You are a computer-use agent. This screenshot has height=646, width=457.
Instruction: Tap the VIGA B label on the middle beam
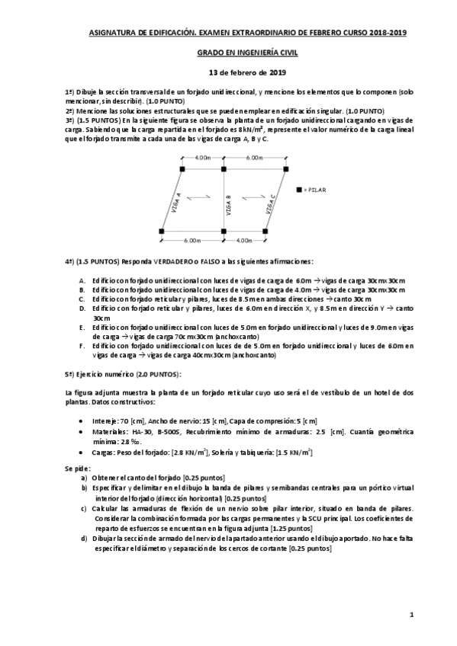(x=229, y=206)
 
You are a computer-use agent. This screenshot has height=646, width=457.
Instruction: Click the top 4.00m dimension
(x=202, y=158)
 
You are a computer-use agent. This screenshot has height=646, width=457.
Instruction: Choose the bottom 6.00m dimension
(x=192, y=240)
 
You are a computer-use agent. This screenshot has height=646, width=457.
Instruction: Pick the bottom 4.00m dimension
(x=244, y=240)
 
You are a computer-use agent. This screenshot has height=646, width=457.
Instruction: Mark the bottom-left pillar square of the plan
(x=162, y=230)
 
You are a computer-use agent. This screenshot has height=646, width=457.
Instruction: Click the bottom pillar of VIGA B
(x=224, y=230)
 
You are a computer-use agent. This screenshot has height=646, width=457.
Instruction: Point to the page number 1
(x=410, y=613)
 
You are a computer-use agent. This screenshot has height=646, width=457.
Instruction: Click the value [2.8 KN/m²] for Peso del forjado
(x=191, y=452)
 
